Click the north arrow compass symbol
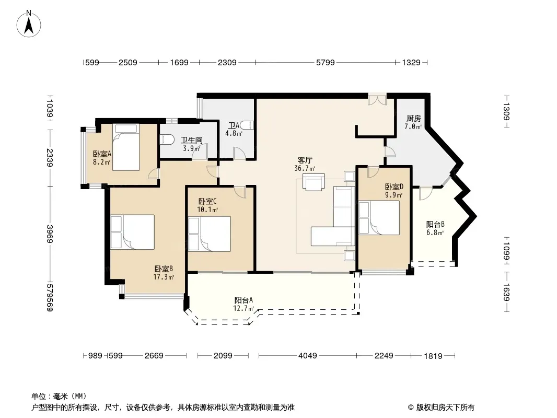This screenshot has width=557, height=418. point(29,24)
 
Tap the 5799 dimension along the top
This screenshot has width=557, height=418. point(326,63)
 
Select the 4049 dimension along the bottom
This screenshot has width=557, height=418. point(308,355)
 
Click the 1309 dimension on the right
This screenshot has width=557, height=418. point(506,111)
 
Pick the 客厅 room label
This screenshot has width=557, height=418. point(305,160)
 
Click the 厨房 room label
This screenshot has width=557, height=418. point(413,118)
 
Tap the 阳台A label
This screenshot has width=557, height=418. point(243,300)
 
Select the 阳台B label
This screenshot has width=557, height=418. point(435,225)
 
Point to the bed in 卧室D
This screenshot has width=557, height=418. point(379,218)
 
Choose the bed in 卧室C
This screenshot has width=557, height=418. point(210,234)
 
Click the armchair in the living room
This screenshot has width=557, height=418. point(314,182)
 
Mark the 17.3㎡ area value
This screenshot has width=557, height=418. point(164,276)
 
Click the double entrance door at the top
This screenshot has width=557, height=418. point(377,99)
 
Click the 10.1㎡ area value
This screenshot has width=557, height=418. point(207,210)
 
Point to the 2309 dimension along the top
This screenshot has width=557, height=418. point(227,63)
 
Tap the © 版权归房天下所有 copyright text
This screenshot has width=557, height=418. point(441,408)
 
